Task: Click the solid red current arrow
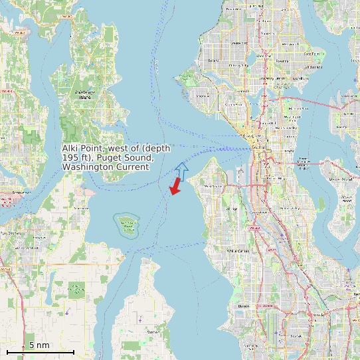tap(175, 186)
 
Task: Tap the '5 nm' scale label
tap(39, 345)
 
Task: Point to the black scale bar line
tap(40, 351)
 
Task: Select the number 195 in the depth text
tap(70, 157)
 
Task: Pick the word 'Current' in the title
tap(131, 167)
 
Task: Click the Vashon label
tap(153, 331)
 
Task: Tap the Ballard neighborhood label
tap(214, 60)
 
